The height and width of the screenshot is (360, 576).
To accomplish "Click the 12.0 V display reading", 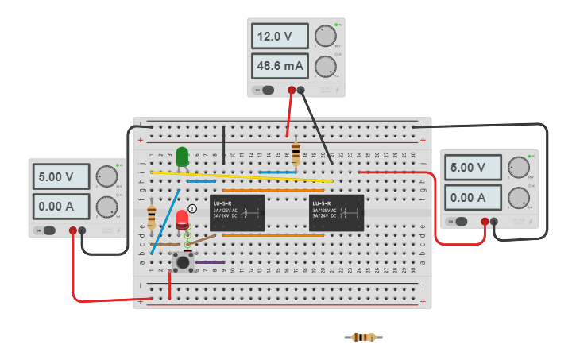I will coord(280,37).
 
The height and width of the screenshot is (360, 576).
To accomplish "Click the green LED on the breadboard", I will coord(182,157).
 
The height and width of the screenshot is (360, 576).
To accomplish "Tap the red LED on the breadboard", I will coord(182,219).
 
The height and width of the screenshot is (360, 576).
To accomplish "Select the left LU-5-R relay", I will coord(237,212).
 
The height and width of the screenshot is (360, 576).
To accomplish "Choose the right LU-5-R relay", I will coord(336,212).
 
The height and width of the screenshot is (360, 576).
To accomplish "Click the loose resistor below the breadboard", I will coord(363,337).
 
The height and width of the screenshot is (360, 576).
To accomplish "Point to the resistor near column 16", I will coord(296,153).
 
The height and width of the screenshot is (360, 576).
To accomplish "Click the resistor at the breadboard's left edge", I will coord(151,215).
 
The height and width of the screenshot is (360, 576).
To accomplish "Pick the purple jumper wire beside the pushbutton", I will coord(211,262).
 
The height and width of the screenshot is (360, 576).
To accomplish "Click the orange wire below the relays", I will coord(273,235).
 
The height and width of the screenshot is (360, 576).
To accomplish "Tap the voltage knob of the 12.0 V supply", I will coord(325,36).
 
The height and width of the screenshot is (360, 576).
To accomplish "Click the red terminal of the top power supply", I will coord(292,90).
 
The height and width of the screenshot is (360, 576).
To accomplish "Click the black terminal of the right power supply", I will coord(494,222).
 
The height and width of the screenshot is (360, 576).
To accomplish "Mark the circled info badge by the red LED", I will coord(192,208).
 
